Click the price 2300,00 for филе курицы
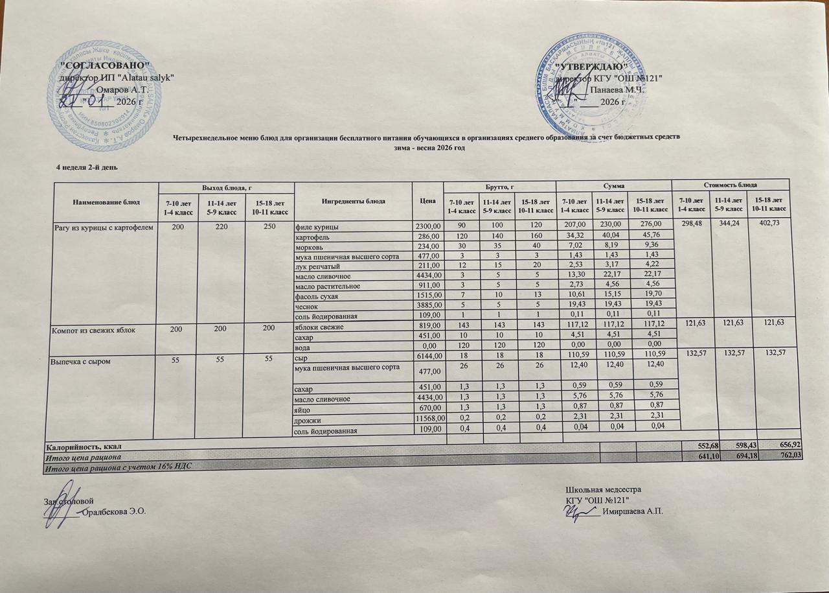(x=427, y=226)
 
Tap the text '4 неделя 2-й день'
(x=87, y=168)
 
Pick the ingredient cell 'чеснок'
(x=308, y=306)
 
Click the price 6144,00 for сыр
(x=427, y=356)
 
